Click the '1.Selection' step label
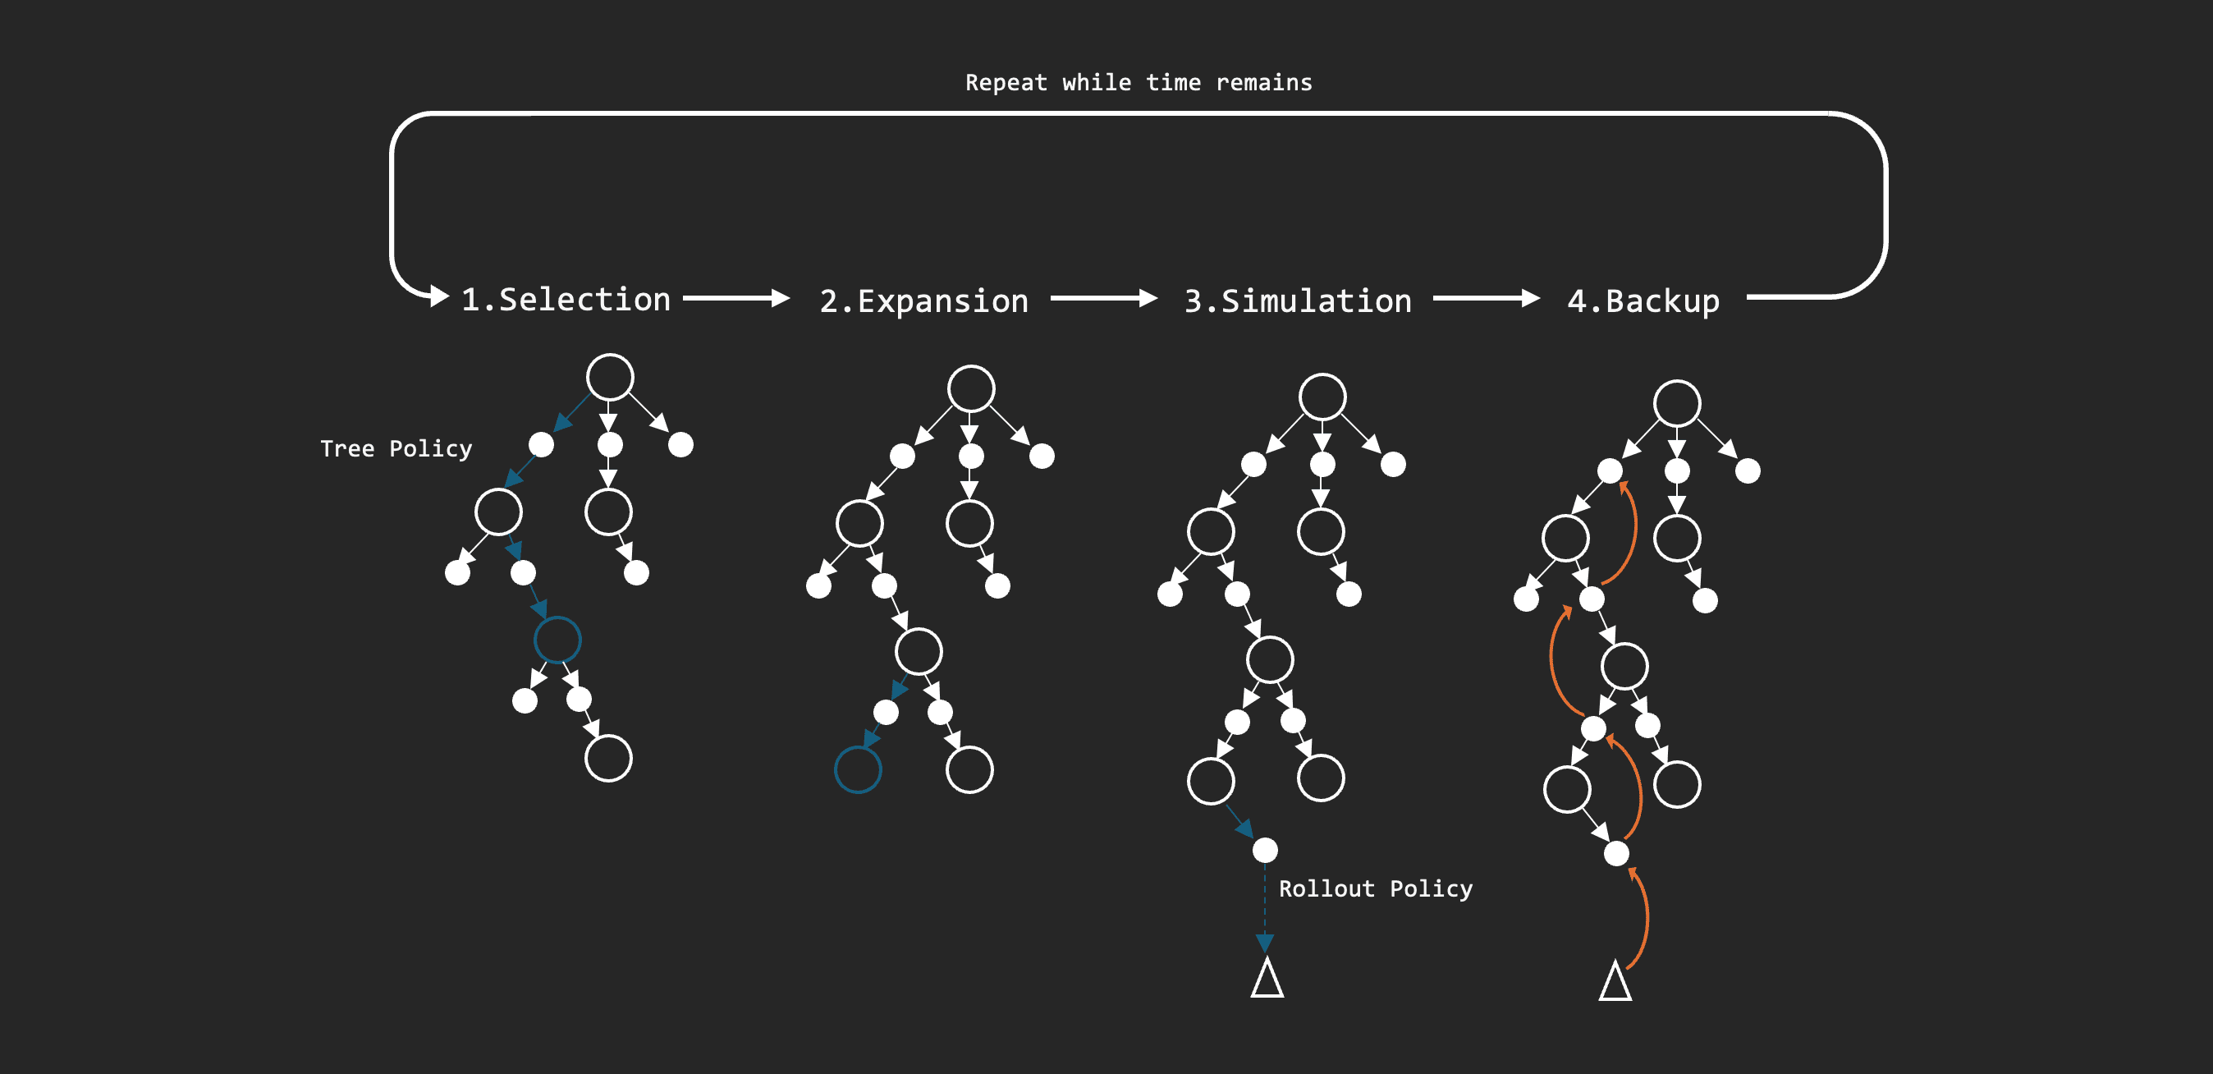pyautogui.click(x=566, y=300)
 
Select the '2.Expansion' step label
pyautogui.click(x=923, y=301)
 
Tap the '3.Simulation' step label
pyautogui.click(x=1297, y=301)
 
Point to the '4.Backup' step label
pyautogui.click(x=1643, y=301)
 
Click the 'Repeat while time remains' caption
pyautogui.click(x=1139, y=82)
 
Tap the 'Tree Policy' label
pyautogui.click(x=396, y=448)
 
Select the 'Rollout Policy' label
pyautogui.click(x=1376, y=888)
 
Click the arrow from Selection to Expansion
pyautogui.click(x=736, y=298)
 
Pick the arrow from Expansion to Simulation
pyautogui.click(x=1104, y=298)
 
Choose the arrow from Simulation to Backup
pyautogui.click(x=1487, y=298)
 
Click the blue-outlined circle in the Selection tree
pyautogui.click(x=557, y=640)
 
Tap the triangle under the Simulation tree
pyautogui.click(x=1267, y=980)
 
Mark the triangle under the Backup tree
pyautogui.click(x=1615, y=983)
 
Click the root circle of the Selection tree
pyautogui.click(x=610, y=377)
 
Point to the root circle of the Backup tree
pyautogui.click(x=1677, y=403)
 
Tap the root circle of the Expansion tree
pyautogui.click(x=972, y=388)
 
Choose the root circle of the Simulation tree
pyautogui.click(x=1322, y=396)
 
